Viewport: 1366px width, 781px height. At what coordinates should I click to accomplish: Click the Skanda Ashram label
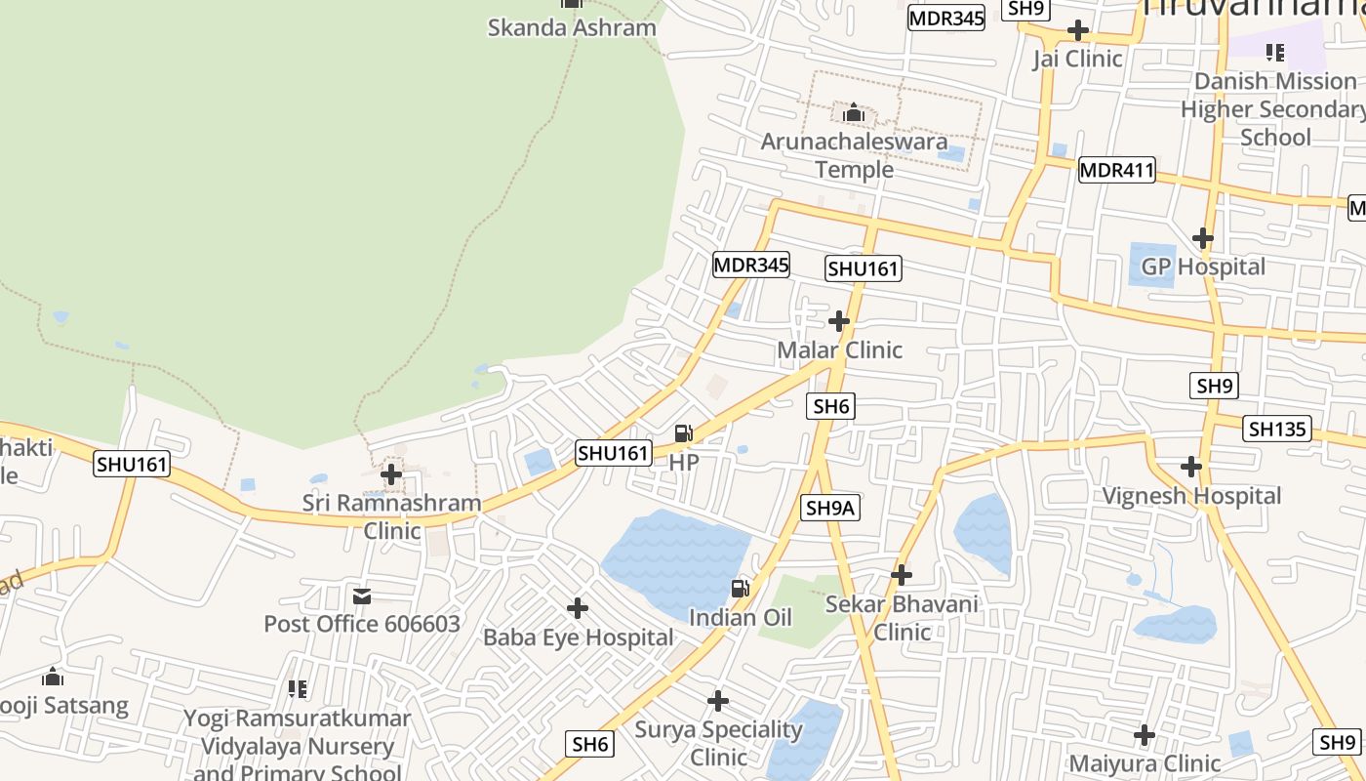coord(572,27)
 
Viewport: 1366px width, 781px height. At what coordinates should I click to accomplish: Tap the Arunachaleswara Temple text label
coord(854,155)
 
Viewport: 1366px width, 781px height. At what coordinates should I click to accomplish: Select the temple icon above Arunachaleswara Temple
coord(854,113)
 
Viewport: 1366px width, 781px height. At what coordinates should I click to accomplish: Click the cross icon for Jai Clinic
coord(1078,30)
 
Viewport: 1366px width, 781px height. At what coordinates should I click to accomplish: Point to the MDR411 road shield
coord(1116,171)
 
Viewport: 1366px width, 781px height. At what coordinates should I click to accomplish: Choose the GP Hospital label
coord(1203,267)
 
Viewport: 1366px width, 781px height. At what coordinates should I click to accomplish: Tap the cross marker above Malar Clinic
coord(839,321)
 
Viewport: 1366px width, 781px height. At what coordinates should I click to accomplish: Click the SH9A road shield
coord(831,508)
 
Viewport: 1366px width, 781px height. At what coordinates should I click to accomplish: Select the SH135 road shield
coord(1277,429)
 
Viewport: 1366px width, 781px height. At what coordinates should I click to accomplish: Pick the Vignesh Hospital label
coord(1191,496)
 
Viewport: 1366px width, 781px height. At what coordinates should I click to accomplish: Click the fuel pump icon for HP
coord(684,433)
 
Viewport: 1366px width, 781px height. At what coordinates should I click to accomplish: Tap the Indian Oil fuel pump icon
coord(741,588)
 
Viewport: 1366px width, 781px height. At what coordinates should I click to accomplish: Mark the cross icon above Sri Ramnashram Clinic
coord(391,475)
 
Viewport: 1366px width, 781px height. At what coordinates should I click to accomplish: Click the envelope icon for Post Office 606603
coord(362,596)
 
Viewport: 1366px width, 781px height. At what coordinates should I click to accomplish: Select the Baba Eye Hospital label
coord(579,637)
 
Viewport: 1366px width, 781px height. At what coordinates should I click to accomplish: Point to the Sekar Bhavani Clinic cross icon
coord(902,575)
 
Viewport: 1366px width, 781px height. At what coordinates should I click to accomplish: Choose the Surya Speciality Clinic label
coord(718,743)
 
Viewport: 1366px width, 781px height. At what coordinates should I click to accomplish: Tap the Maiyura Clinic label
coord(1145,763)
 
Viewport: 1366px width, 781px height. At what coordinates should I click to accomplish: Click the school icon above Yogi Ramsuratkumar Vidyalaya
coord(298,689)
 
